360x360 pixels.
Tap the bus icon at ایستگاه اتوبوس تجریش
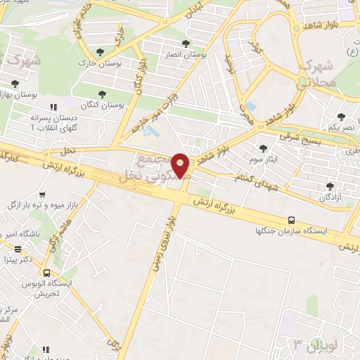tap(46, 273)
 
